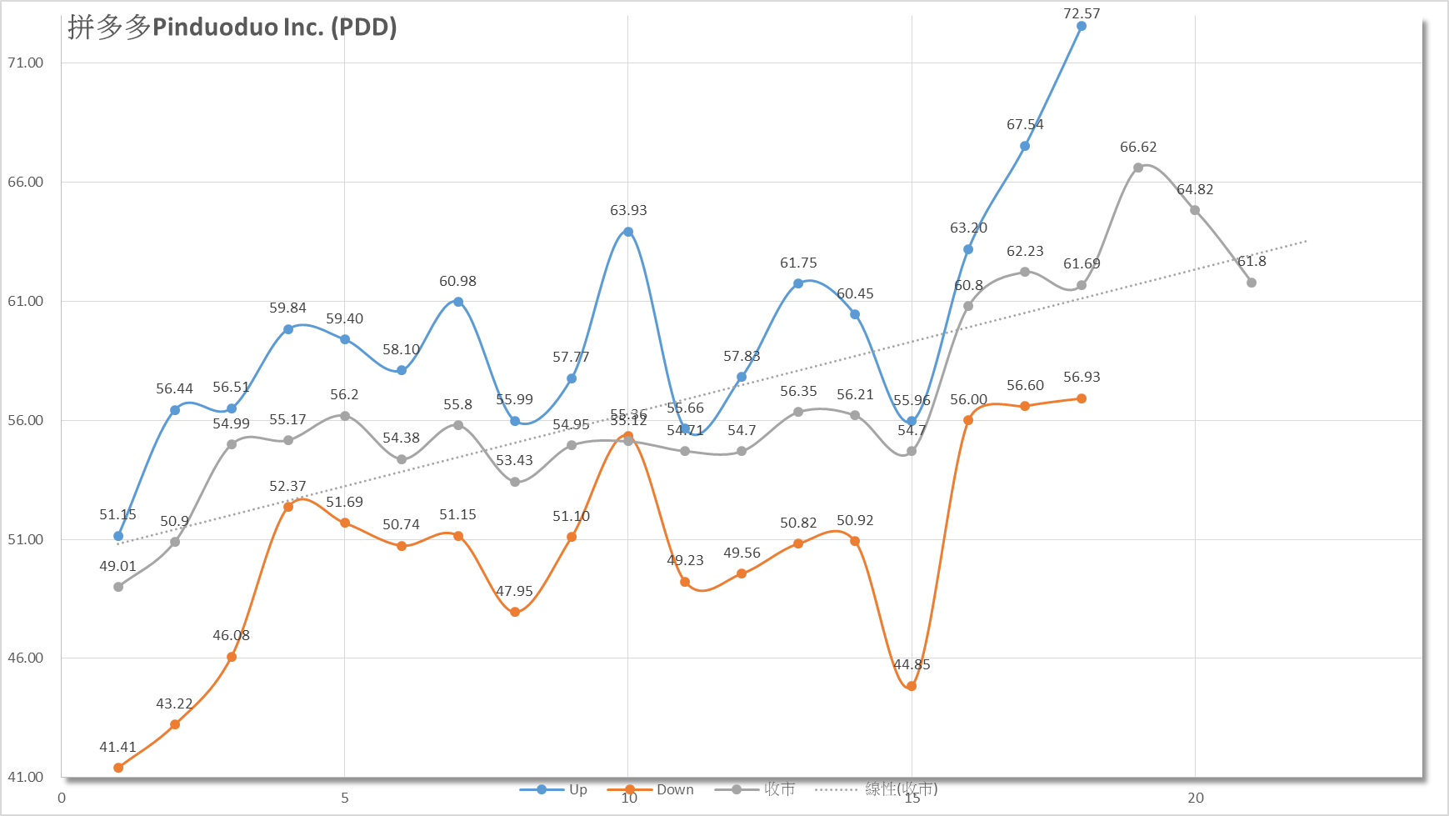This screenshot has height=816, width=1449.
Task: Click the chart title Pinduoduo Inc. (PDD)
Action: (x=232, y=28)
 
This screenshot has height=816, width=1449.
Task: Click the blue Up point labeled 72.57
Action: (x=1082, y=27)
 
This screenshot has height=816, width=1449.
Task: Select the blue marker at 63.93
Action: (x=628, y=232)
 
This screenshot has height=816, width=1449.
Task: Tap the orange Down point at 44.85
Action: (x=912, y=686)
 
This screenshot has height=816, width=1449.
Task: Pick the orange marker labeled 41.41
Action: (x=118, y=768)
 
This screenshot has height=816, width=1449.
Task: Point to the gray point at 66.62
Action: (x=1138, y=168)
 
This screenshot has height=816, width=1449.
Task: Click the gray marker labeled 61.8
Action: (x=1252, y=283)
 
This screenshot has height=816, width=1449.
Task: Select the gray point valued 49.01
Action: (x=118, y=587)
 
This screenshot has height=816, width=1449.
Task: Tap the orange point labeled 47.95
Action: (x=515, y=612)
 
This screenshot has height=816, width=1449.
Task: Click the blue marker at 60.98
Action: (x=458, y=302)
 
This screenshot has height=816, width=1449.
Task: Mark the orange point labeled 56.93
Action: (x=1082, y=398)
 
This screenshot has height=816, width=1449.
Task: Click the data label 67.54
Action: (x=1025, y=125)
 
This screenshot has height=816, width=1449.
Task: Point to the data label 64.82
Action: (x=1195, y=190)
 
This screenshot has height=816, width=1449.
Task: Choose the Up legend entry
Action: (x=554, y=789)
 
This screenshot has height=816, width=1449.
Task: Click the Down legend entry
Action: (x=651, y=789)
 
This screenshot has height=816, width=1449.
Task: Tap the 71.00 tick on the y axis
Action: (x=26, y=63)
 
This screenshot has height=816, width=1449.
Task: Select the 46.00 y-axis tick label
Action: (x=26, y=658)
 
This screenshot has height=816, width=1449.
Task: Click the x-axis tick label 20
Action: (x=1196, y=798)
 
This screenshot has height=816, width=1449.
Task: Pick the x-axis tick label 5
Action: (x=345, y=798)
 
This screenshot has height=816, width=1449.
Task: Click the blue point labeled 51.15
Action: (x=118, y=536)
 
